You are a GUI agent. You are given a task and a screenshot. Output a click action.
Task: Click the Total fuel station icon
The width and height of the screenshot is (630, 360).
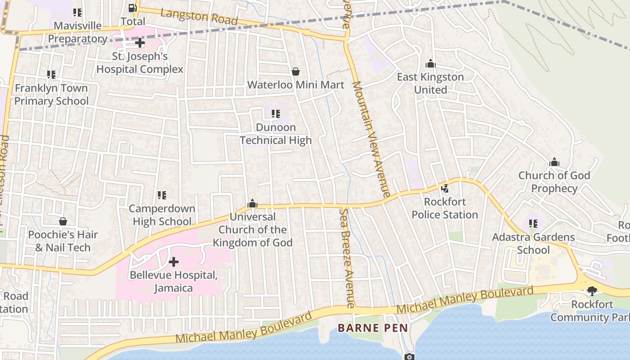[132, 8]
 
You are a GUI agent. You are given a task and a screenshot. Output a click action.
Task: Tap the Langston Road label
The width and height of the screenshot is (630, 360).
[199, 17]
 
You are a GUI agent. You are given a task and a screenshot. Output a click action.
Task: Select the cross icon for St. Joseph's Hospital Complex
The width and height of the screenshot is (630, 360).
[140, 43]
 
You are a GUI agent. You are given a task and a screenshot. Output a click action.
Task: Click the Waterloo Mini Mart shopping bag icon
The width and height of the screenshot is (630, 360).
[296, 72]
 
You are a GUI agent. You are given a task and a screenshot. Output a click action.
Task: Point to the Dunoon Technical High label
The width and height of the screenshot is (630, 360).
[276, 134]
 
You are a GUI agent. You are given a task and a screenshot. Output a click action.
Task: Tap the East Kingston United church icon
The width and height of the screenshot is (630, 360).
[431, 63]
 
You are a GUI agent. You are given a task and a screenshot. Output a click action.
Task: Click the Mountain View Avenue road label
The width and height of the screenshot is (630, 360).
[371, 139]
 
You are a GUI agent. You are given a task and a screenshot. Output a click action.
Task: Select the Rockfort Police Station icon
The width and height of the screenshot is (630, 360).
[445, 189]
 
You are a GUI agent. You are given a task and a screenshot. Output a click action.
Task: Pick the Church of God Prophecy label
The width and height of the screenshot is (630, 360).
[554, 182]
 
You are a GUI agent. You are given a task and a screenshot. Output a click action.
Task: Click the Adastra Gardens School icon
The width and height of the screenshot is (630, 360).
[533, 224]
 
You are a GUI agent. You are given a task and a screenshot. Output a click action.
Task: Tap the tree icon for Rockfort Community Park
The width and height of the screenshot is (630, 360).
[592, 291]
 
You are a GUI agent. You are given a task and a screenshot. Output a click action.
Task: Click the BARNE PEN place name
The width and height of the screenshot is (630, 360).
[373, 328]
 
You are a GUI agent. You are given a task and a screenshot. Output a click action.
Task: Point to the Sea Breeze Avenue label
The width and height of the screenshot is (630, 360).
[347, 258]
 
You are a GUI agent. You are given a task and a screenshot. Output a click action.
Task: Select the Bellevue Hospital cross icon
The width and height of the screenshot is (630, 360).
[173, 261]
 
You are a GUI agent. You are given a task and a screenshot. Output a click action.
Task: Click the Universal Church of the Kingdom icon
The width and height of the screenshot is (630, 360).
[252, 204]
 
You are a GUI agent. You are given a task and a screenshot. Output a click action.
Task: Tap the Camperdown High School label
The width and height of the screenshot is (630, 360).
[162, 215]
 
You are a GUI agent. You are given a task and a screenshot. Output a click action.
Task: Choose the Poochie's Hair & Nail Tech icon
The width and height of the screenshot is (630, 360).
[63, 221]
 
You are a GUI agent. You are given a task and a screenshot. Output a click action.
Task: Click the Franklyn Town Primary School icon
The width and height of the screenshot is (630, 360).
[51, 75]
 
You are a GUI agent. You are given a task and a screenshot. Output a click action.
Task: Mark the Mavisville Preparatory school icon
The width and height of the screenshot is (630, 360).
[77, 13]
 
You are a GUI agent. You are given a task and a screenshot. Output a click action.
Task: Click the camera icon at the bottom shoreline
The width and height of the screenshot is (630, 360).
[409, 357]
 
